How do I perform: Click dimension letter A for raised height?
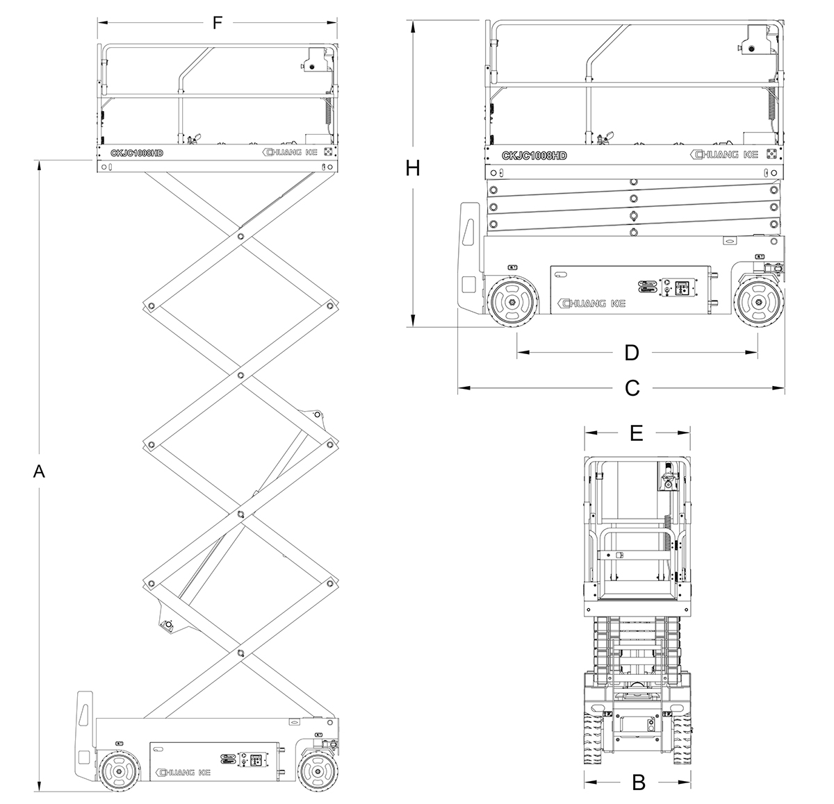(40, 472)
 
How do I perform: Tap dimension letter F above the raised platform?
(217, 23)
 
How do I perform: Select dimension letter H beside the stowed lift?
(413, 168)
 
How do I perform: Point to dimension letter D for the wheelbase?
(631, 353)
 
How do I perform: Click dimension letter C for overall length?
(632, 387)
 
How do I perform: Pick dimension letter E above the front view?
(636, 433)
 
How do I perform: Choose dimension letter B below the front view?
(639, 783)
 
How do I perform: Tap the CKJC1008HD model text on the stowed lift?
(534, 155)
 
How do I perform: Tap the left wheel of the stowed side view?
(513, 302)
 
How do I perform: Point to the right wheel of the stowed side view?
(758, 302)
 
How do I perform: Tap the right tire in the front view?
(682, 736)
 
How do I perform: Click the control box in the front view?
(667, 479)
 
